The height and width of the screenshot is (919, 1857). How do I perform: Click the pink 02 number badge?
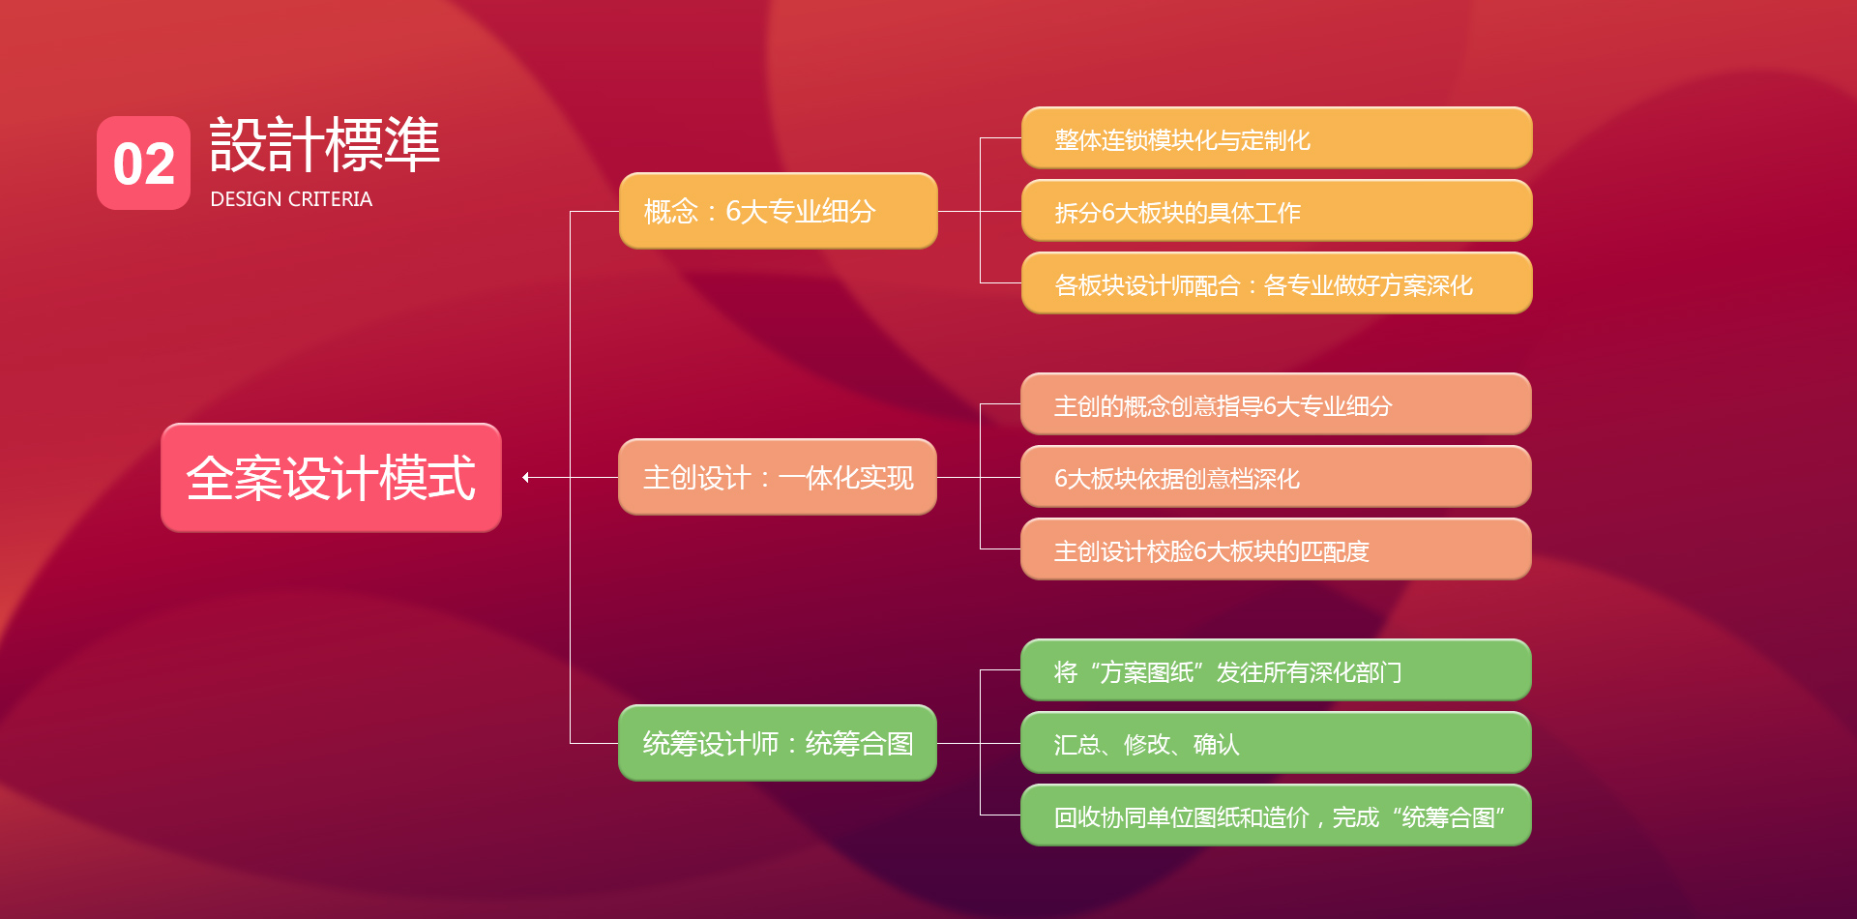click(x=143, y=163)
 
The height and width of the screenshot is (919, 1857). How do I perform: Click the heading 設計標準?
click(x=325, y=145)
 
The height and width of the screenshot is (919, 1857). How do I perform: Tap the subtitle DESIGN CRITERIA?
click(x=291, y=199)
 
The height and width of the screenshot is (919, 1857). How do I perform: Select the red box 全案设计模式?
click(x=331, y=477)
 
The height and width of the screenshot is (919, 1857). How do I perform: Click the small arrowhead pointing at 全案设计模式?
click(x=526, y=477)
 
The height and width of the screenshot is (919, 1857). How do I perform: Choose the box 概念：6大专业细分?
click(x=778, y=211)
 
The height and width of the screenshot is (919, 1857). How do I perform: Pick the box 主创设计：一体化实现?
click(x=778, y=477)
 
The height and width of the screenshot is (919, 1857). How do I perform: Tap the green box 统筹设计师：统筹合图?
click(x=778, y=743)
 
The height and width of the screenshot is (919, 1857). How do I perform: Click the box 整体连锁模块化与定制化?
click(x=1276, y=138)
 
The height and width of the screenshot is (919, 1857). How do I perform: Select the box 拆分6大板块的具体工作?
click(x=1276, y=211)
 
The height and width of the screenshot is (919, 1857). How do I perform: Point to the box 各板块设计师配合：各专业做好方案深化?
click(x=1276, y=283)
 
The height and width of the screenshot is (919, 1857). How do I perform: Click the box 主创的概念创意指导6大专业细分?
click(x=1276, y=404)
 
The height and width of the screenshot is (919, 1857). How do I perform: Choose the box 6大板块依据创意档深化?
click(x=1276, y=477)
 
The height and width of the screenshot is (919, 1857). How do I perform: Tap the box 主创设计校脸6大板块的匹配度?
click(x=1276, y=549)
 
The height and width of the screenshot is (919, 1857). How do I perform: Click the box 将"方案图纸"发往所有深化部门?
click(x=1276, y=670)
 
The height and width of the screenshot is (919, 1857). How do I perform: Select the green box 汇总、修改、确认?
click(x=1276, y=743)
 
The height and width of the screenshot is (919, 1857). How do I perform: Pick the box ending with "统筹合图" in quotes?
click(x=1276, y=815)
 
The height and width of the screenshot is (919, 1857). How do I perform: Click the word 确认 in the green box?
click(x=1216, y=744)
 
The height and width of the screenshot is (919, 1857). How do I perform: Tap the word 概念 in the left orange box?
click(x=670, y=211)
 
